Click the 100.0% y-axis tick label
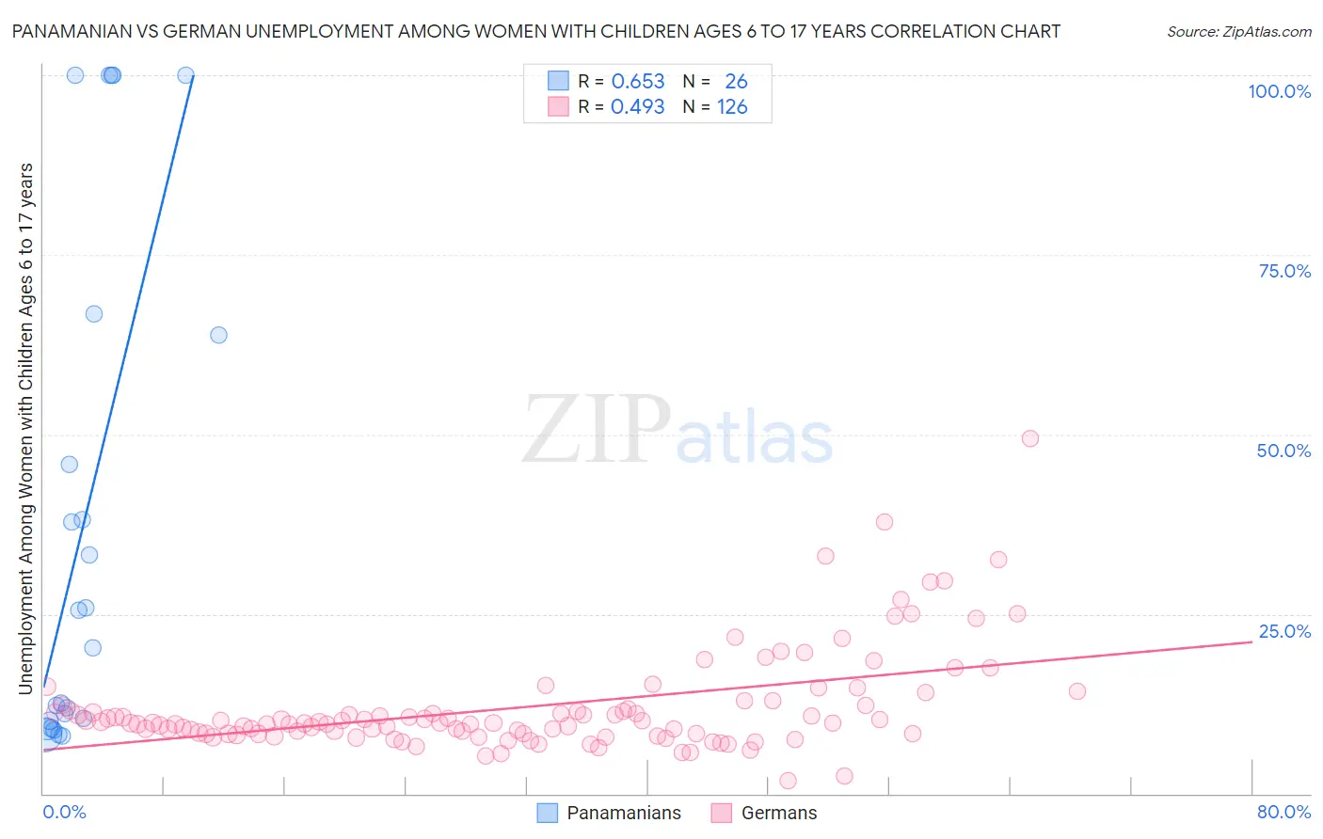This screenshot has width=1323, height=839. [1279, 91]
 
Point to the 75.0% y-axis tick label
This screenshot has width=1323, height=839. [1284, 271]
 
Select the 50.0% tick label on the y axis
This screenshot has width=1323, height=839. [1283, 451]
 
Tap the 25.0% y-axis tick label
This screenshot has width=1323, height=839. [1284, 631]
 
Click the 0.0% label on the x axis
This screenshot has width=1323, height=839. [64, 812]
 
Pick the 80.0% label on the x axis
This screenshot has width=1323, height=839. [1283, 812]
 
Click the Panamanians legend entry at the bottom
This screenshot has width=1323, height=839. [623, 813]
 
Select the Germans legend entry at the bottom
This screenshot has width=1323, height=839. [778, 813]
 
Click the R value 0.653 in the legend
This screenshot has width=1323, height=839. [637, 82]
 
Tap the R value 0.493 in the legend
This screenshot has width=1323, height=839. [637, 107]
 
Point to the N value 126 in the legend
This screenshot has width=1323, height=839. [732, 107]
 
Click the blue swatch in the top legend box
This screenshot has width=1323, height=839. [558, 81]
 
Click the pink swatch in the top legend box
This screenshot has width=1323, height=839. [558, 106]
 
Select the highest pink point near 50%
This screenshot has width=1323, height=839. [1029, 438]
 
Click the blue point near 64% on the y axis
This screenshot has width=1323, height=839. [218, 335]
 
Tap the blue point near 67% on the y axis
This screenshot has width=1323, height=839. [94, 314]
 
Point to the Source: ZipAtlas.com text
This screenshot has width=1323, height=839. [1238, 31]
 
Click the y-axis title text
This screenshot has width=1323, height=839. [25, 428]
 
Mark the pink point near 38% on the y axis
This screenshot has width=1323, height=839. [884, 522]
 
